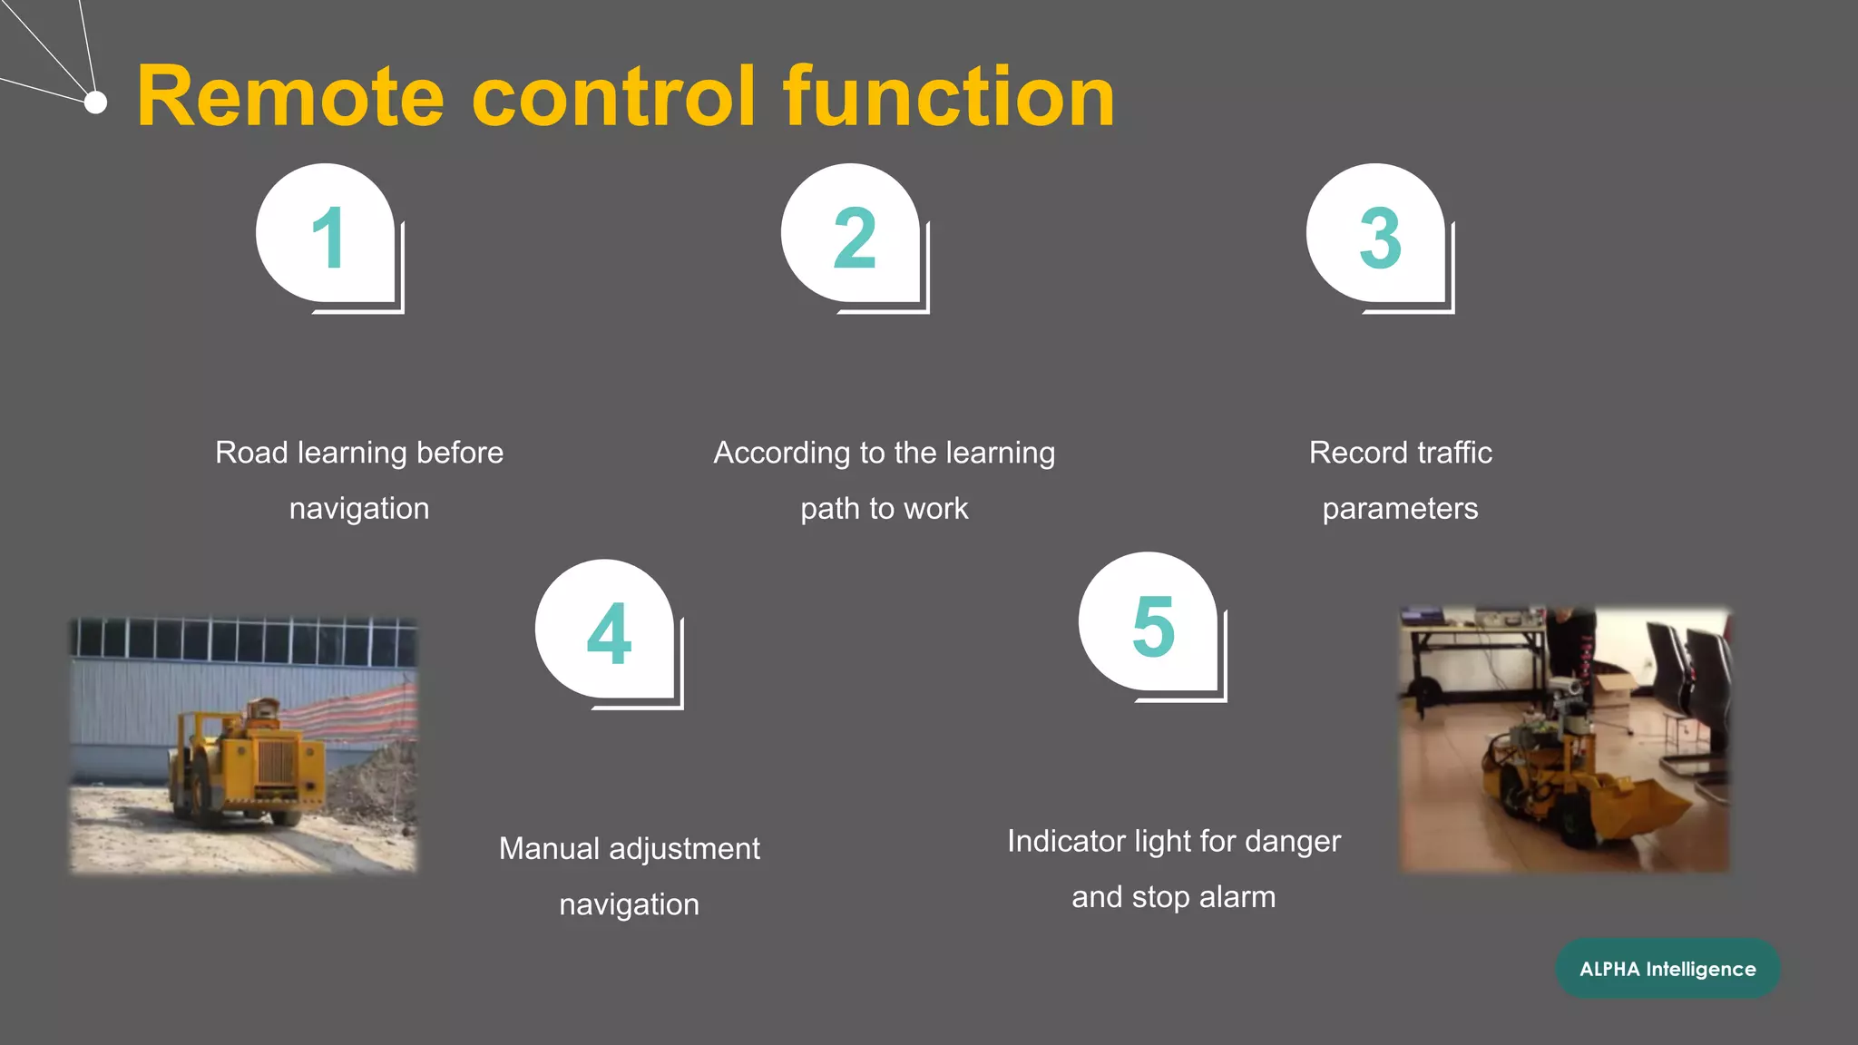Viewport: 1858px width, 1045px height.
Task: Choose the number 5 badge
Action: point(1151,625)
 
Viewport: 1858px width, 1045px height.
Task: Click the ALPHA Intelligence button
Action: point(1667,969)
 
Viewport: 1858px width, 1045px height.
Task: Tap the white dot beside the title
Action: point(95,103)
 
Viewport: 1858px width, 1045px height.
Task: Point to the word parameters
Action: point(1400,509)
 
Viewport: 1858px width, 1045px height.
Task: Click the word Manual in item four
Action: point(549,849)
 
